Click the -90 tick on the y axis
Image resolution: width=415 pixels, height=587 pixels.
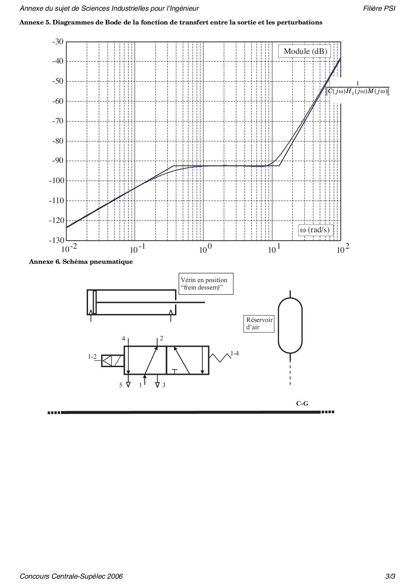tap(58, 161)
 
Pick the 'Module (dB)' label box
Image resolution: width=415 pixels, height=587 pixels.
tap(305, 52)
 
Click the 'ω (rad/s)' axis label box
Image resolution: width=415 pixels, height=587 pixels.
tap(315, 230)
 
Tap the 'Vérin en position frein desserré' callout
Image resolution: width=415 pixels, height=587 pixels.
tap(206, 284)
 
